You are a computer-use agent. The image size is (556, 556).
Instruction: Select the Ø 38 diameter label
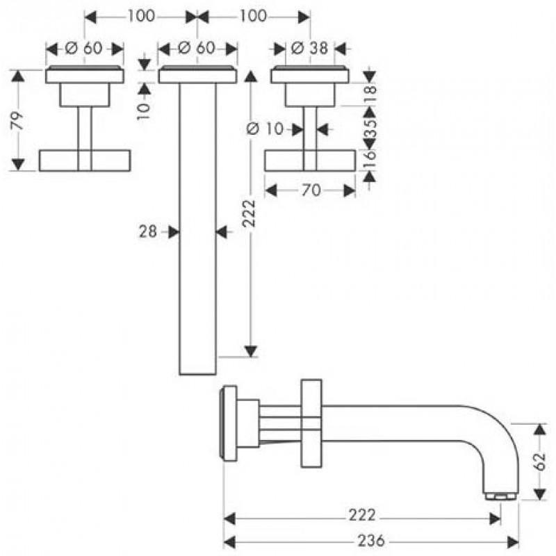(x=309, y=48)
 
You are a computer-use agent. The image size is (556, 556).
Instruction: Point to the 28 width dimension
(x=148, y=232)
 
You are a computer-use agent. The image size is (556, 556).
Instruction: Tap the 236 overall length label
(x=371, y=541)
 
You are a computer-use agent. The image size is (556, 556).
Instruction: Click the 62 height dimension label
(x=539, y=461)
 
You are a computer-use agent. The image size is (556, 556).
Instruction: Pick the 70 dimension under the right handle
(x=311, y=190)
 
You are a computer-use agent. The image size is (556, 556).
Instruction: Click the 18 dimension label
(x=370, y=94)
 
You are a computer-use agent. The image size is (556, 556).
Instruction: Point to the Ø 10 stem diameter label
(x=265, y=129)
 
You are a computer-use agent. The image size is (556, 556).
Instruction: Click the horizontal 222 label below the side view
(x=362, y=515)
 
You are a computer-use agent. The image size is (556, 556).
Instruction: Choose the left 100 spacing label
(x=142, y=16)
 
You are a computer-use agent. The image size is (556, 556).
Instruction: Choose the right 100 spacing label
(x=253, y=16)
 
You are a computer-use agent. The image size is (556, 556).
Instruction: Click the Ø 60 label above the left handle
(x=84, y=48)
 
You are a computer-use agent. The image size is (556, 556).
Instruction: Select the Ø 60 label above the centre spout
(x=197, y=48)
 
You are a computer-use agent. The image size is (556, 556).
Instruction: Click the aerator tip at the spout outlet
(x=500, y=496)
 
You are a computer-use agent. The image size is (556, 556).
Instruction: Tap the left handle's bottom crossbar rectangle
(x=85, y=161)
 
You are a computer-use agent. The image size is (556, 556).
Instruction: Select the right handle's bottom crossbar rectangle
(x=310, y=161)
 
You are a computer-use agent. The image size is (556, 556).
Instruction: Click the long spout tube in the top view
(x=197, y=229)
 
